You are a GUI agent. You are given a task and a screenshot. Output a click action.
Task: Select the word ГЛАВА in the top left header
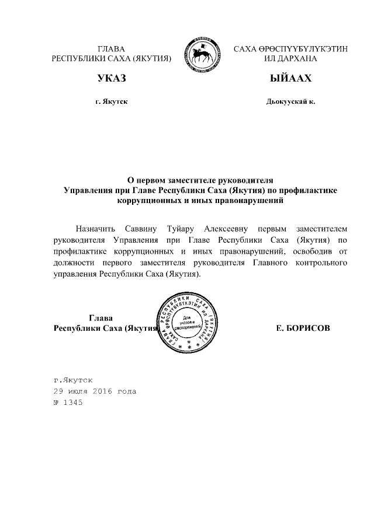(x=111, y=49)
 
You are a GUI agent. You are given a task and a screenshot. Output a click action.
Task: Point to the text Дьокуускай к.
(x=290, y=102)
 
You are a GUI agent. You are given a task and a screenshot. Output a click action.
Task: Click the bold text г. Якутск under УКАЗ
(x=111, y=102)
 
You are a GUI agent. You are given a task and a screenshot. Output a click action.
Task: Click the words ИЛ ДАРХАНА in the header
(x=290, y=60)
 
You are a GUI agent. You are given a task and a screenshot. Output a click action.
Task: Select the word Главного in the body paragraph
(x=263, y=263)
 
